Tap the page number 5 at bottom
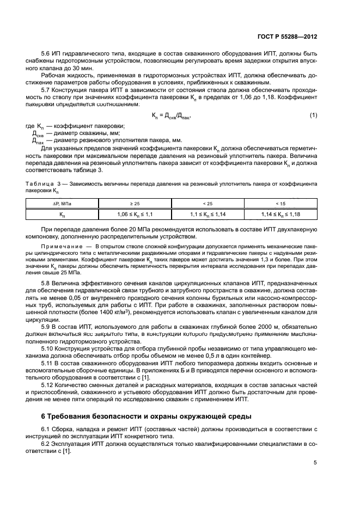[315, 463]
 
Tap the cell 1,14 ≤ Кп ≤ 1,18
[281, 214]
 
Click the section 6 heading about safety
[147, 416]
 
